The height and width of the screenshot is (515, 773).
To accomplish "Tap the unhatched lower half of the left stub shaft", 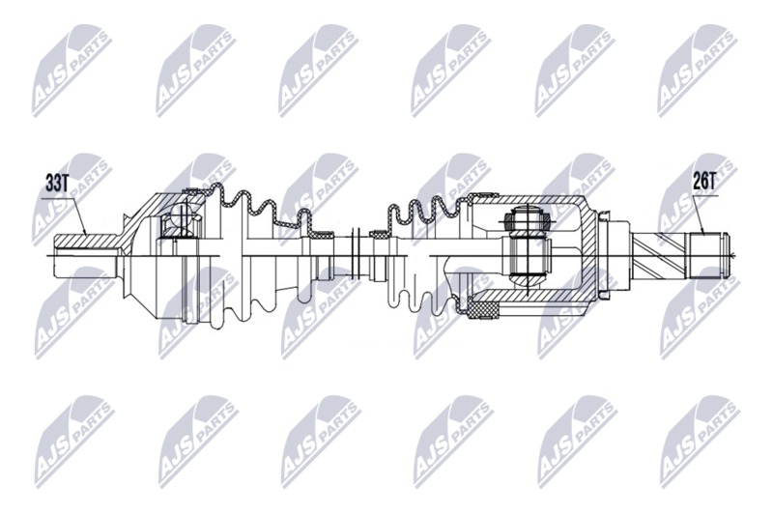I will point(87,265).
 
